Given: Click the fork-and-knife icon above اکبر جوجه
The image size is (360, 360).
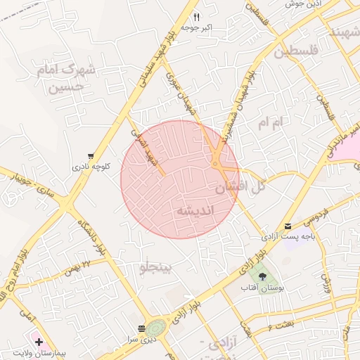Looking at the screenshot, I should pyautogui.click(x=196, y=17).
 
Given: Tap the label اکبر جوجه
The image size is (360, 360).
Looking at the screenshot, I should pyautogui.click(x=196, y=28).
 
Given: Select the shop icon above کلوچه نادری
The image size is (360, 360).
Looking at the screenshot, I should pyautogui.click(x=91, y=156).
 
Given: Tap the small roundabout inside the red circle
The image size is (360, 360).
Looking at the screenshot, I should pyautogui.click(x=214, y=165).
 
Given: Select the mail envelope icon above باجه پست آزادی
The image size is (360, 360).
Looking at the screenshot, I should pyautogui.click(x=288, y=226).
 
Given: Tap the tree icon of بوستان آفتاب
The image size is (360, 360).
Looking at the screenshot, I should pyautogui.click(x=263, y=276).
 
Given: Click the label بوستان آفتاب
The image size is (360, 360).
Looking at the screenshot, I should pyautogui.click(x=262, y=288).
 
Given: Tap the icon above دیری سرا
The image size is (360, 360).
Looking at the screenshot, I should pyautogui.click(x=142, y=328).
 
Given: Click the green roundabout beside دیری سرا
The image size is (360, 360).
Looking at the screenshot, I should pyautogui.click(x=157, y=327).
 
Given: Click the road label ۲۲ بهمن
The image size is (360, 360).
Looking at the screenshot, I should pyautogui.click(x=77, y=266).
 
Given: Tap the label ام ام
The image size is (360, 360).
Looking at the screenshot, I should pyautogui.click(x=269, y=123).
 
